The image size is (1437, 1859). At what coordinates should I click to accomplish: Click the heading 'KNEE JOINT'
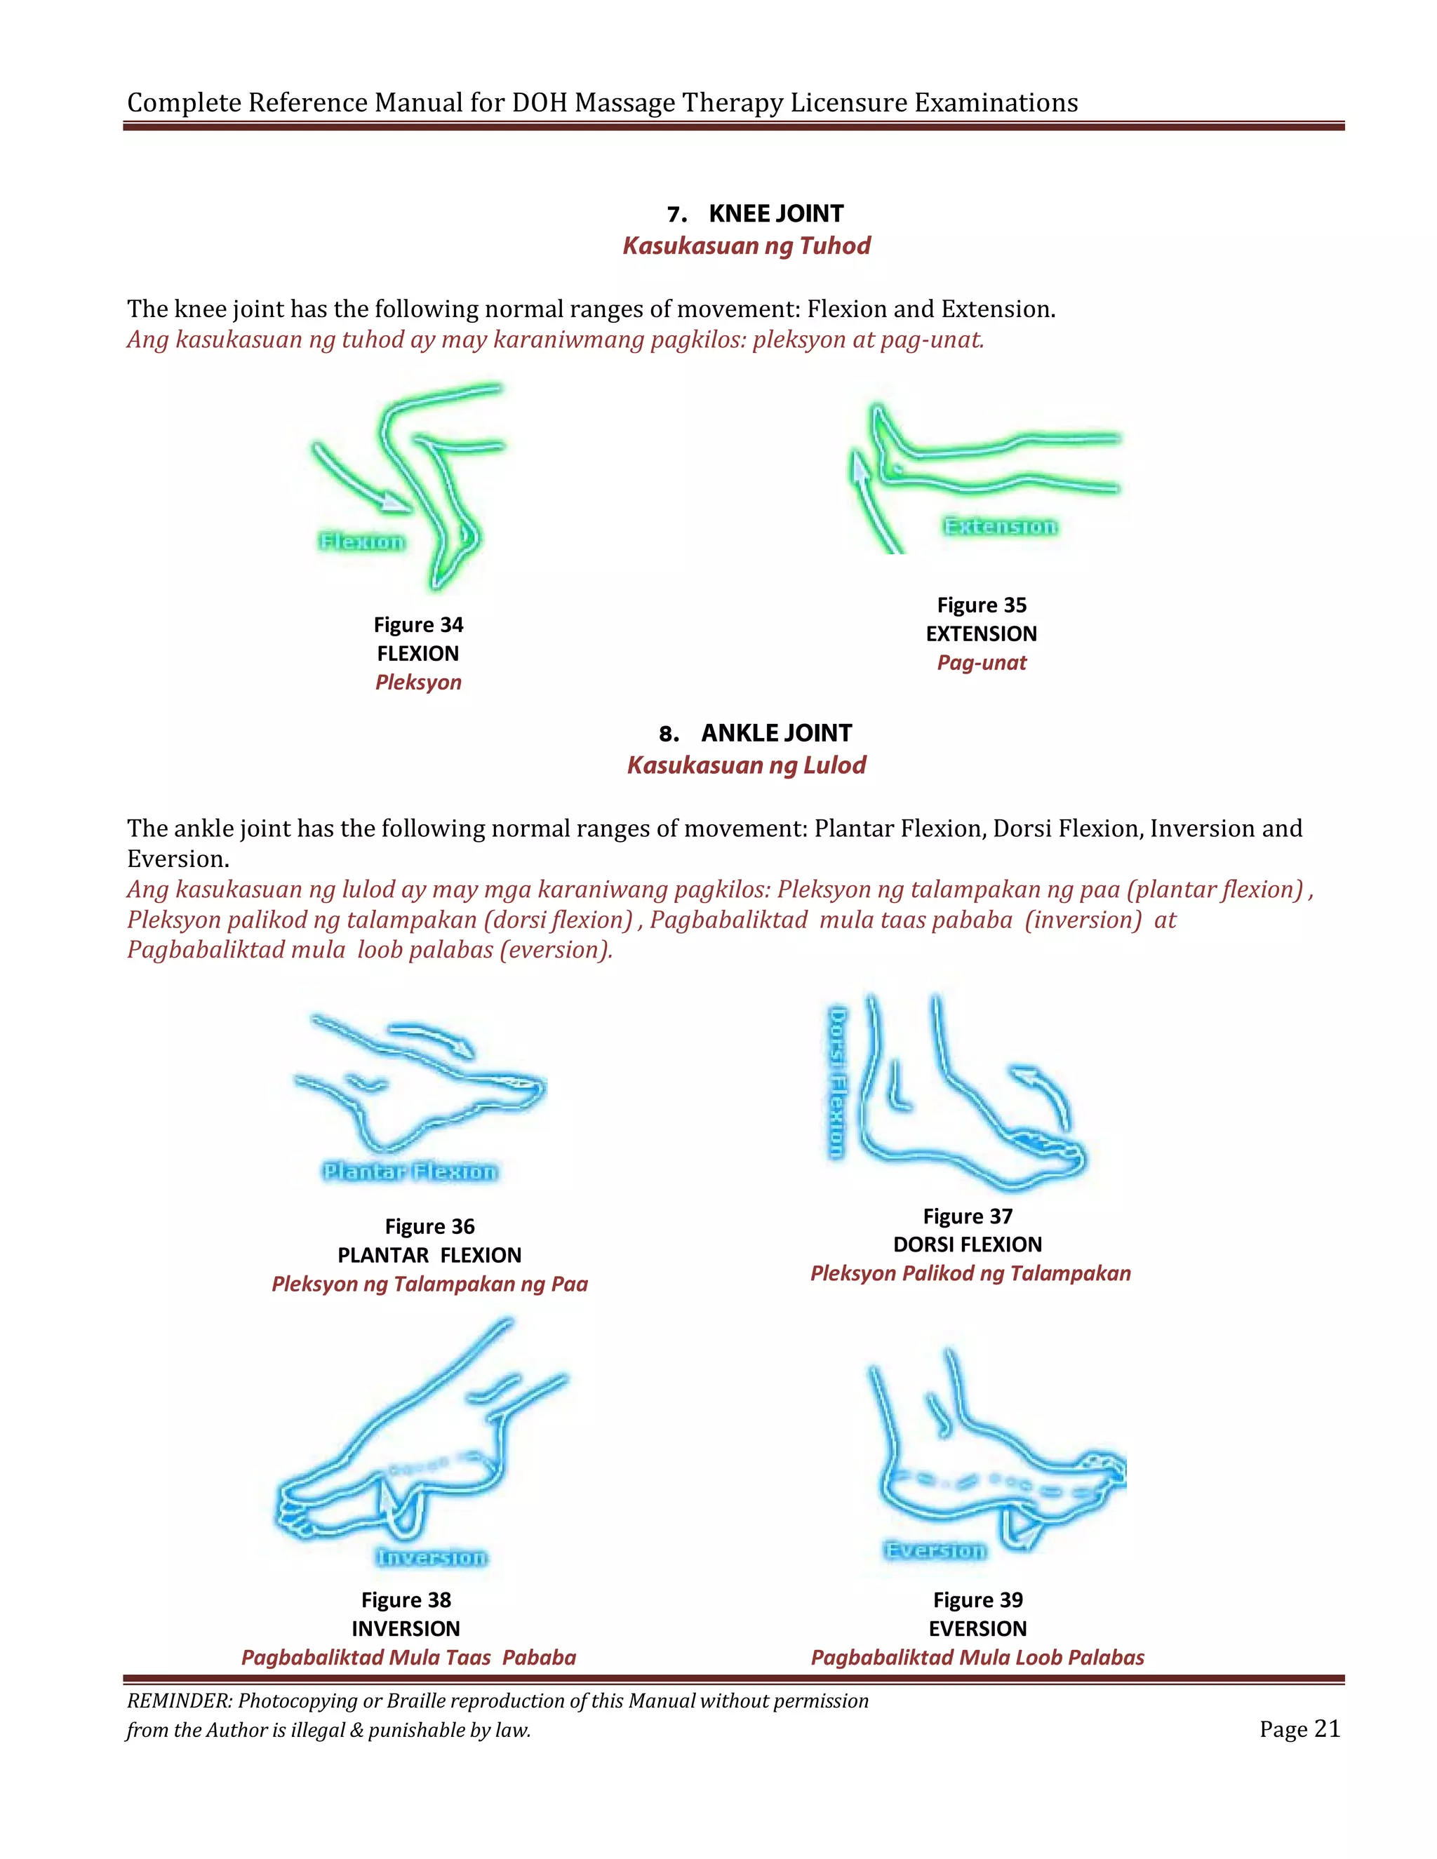click(x=775, y=214)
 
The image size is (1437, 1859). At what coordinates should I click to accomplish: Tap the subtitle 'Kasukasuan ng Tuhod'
click(x=746, y=246)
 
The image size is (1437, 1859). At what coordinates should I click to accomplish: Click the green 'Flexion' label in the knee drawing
click(x=362, y=542)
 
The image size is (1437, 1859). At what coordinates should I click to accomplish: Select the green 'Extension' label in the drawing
click(x=1001, y=526)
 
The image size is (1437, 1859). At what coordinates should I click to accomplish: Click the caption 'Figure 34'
click(x=418, y=625)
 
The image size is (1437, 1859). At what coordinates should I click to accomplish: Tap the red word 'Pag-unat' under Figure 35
click(x=982, y=662)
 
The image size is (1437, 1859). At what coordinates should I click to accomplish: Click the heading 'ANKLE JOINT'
click(x=775, y=733)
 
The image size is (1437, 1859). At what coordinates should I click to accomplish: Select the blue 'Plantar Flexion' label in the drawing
click(x=410, y=1172)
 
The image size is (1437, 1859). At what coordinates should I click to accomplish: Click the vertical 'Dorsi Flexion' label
click(x=838, y=1082)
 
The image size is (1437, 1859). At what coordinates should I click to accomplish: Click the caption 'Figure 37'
click(x=968, y=1216)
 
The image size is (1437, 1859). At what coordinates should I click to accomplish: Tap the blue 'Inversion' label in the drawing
click(x=432, y=1557)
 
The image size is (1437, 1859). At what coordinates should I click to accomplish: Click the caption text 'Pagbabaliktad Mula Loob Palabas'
click(x=977, y=1657)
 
